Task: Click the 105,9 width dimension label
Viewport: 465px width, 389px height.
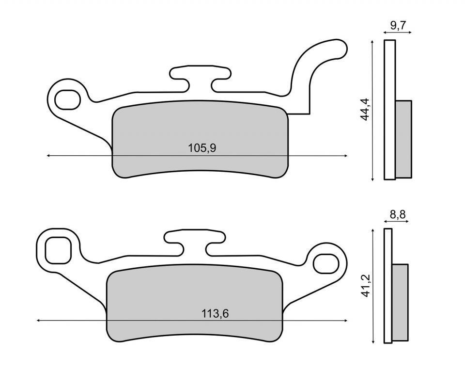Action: (202, 148)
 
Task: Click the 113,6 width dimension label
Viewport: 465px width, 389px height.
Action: (215, 314)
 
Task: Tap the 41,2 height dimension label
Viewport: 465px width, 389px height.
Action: (367, 287)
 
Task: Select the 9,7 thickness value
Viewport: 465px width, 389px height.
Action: (398, 26)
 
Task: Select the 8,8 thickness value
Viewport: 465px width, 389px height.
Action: (396, 214)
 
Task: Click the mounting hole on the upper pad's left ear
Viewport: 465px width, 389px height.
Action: (67, 100)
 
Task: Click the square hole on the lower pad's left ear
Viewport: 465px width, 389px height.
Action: (58, 251)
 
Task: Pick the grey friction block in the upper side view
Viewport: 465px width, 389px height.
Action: (403, 139)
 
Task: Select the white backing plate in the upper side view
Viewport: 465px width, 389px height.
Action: (389, 110)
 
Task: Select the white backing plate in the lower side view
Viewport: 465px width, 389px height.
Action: (387, 286)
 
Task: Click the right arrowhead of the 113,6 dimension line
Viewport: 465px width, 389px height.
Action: (345, 321)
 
